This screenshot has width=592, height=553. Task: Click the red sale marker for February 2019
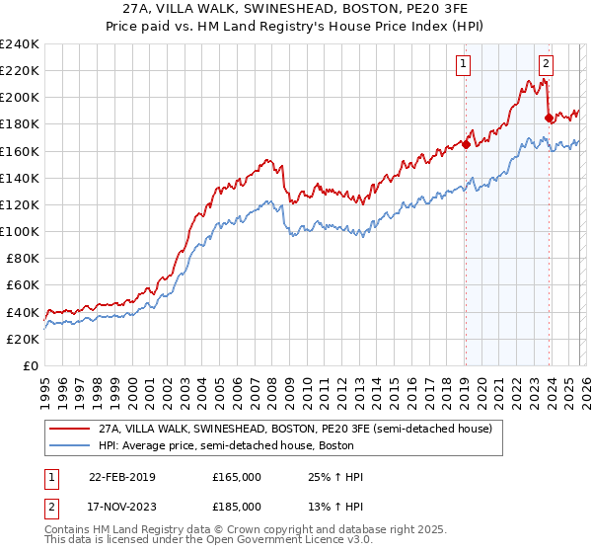(x=466, y=144)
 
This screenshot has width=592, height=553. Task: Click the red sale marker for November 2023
(x=549, y=118)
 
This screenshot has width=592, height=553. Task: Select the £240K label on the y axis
(x=20, y=44)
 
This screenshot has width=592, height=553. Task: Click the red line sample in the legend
(x=70, y=430)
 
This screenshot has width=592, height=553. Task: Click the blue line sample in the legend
(x=70, y=446)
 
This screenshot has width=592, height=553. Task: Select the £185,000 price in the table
(x=236, y=506)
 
